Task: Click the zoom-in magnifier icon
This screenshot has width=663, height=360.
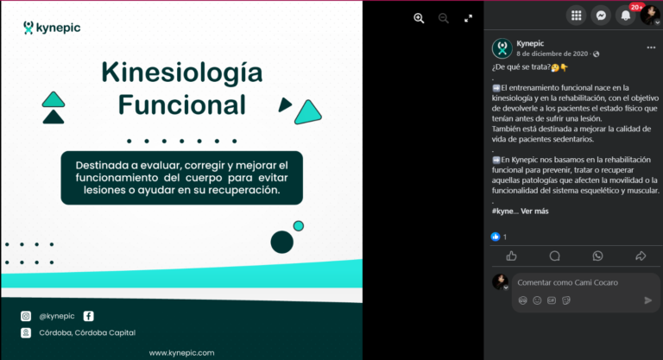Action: [x=419, y=18]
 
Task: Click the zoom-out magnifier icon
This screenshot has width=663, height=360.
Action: [x=443, y=18]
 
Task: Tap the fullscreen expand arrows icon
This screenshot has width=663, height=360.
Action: [x=468, y=18]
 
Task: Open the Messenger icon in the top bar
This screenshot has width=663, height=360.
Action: [x=601, y=16]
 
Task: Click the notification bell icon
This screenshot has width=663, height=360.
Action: [x=625, y=16]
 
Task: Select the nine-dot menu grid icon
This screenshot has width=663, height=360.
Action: [x=577, y=16]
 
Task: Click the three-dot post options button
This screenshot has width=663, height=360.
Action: [x=651, y=47]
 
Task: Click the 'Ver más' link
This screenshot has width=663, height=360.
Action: [x=534, y=212]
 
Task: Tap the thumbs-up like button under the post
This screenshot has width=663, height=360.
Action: [x=512, y=256]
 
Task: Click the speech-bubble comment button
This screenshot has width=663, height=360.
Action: [x=555, y=256]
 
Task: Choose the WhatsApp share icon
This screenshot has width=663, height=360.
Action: [x=597, y=256]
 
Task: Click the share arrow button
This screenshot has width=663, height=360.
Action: [x=641, y=256]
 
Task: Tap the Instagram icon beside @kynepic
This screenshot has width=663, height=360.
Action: [x=26, y=316]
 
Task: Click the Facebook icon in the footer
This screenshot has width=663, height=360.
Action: [x=88, y=316]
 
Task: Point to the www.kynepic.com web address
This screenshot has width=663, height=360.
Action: [x=181, y=353]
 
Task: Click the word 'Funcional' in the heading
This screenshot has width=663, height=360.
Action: [x=182, y=105]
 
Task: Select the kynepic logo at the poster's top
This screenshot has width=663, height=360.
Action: [x=52, y=28]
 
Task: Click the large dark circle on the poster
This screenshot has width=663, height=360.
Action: [x=282, y=242]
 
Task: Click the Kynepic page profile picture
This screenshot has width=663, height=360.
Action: [x=502, y=48]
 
